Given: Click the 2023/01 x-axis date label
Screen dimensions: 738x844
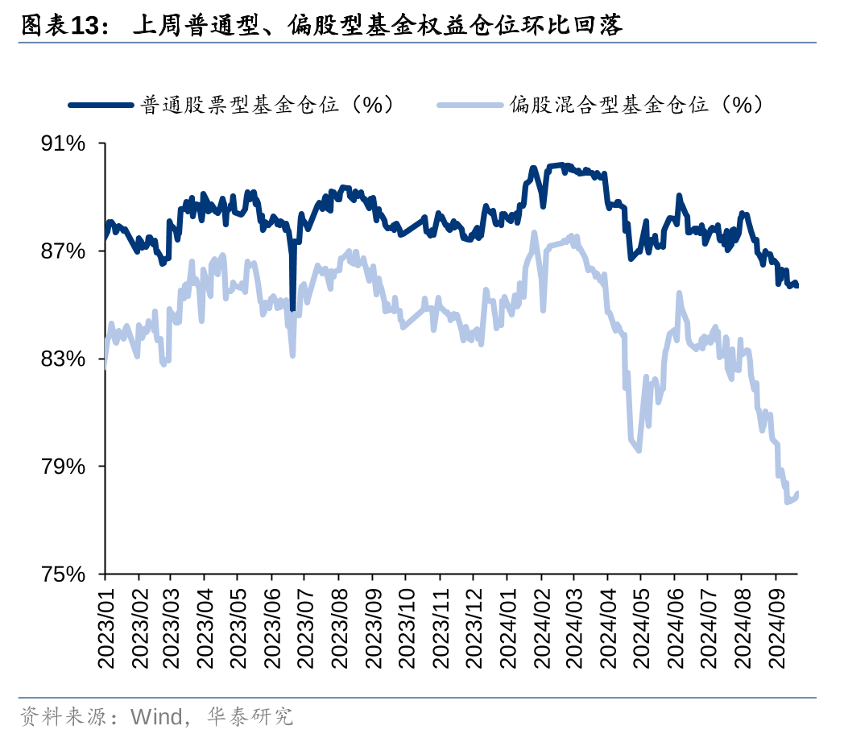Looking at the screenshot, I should (x=105, y=625).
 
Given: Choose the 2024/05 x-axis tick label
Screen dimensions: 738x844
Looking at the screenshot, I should (x=641, y=625).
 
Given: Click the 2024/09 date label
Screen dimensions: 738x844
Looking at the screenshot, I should (x=775, y=625).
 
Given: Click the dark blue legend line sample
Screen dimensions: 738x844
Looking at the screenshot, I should (x=101, y=105).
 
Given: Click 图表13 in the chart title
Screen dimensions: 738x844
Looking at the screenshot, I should (x=64, y=26).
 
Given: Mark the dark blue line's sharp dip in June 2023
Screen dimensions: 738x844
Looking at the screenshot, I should (x=292, y=308).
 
